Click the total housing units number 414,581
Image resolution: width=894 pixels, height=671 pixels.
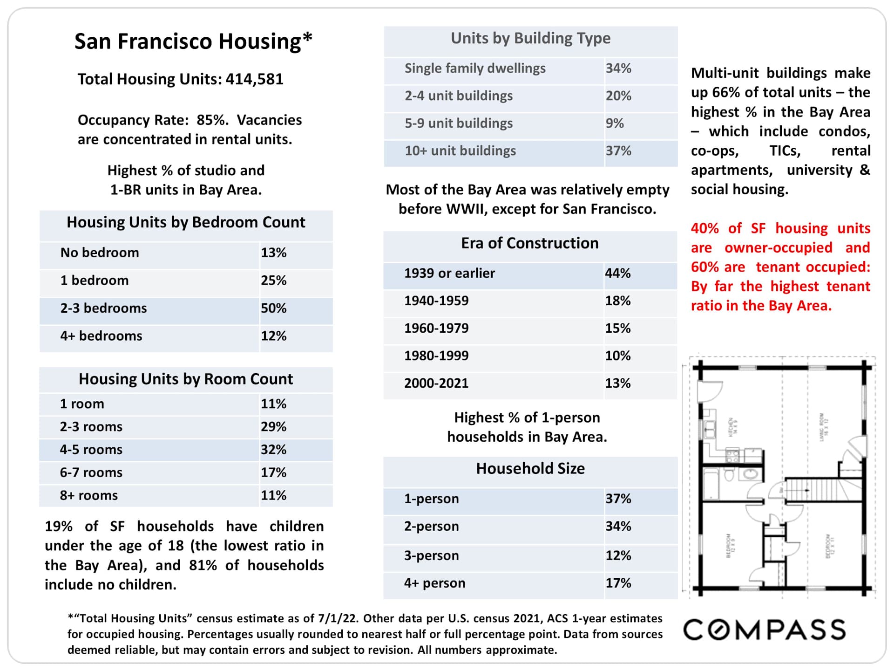pyautogui.click(x=254, y=79)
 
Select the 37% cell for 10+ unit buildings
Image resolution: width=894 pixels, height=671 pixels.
pyautogui.click(x=618, y=151)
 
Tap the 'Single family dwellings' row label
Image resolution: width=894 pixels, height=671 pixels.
pyautogui.click(x=475, y=68)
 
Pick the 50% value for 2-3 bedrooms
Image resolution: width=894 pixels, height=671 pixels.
pyautogui.click(x=273, y=308)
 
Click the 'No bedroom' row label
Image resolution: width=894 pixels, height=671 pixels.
pyautogui.click(x=100, y=253)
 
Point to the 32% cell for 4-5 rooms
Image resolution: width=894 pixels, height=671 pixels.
pyautogui.click(x=273, y=450)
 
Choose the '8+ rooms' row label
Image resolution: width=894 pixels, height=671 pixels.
pyautogui.click(x=88, y=495)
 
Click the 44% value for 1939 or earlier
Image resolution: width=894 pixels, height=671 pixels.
pyautogui.click(x=617, y=273)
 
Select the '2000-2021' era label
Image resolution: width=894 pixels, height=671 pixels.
pyautogui.click(x=436, y=383)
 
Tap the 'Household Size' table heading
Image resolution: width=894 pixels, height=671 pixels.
pyautogui.click(x=530, y=469)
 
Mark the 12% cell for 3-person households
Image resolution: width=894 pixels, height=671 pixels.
pyautogui.click(x=618, y=555)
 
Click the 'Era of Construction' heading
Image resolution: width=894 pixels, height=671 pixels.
pyautogui.click(x=529, y=243)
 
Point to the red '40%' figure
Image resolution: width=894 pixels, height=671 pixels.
pyautogui.click(x=704, y=228)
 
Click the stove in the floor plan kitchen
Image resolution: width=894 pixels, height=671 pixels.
pyautogui.click(x=732, y=455)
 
